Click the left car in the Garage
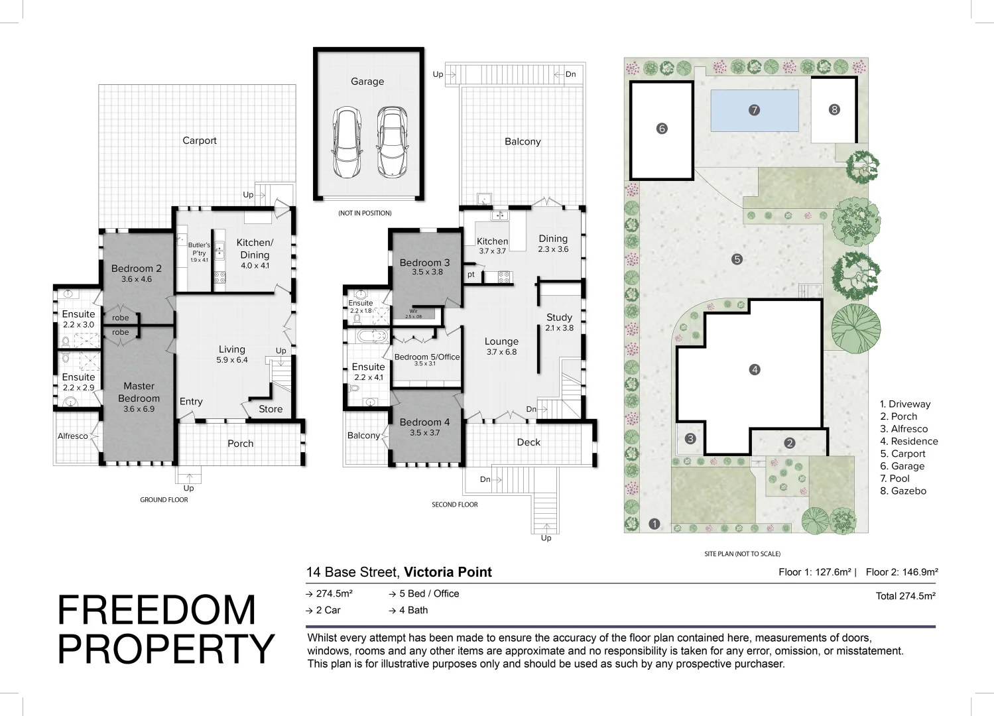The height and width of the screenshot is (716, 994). coord(347,143)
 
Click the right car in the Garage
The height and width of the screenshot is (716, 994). coord(392,143)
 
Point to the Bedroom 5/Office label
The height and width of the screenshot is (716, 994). coord(426,357)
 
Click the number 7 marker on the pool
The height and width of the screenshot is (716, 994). coord(754,110)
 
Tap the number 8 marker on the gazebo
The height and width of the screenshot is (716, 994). coord(834,109)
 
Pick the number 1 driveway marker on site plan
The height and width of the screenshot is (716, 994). coord(654,524)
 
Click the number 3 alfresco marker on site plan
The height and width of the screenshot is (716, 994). coord(690,438)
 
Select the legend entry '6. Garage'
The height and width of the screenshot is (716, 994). coord(902,466)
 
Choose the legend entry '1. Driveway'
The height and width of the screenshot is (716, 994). coord(905,404)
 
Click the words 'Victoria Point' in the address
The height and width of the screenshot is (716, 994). coord(448,572)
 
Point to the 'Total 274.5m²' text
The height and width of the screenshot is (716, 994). coord(905,596)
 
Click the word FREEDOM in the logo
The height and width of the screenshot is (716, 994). coord(156,610)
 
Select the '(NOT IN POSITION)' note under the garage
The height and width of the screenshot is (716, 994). coord(365,213)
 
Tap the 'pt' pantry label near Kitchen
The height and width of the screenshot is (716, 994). coord(471,274)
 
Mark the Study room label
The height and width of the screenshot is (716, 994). coord(559,318)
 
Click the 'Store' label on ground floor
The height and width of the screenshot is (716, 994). coord(271,409)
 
